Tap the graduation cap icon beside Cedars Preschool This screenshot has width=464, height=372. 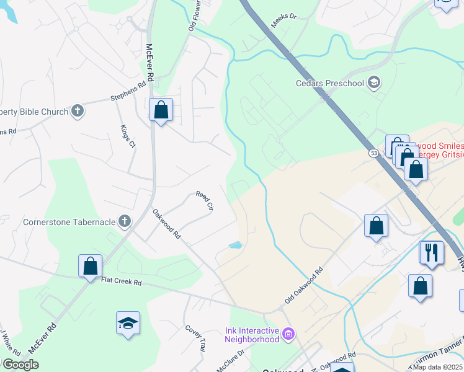coord(373,82)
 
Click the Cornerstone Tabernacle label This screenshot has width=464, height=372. coord(69,221)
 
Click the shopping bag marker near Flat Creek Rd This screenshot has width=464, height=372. coord(90,266)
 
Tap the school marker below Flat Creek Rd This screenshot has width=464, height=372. coord(128,323)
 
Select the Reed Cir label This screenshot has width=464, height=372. coord(204,200)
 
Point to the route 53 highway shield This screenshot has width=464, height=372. coord(373,152)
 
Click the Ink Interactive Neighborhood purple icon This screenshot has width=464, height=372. coord(288,334)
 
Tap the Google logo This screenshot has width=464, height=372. coord(20,365)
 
